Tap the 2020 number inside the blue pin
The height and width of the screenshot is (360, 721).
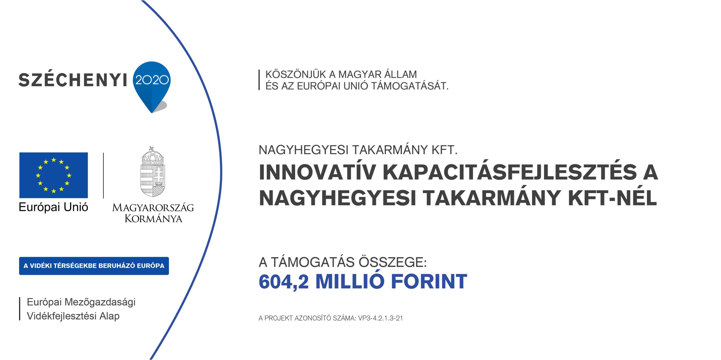[152, 80]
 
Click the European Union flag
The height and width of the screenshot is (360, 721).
[54, 175]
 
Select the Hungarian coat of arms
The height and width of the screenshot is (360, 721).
[152, 171]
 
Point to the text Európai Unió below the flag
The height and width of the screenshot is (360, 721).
[53, 207]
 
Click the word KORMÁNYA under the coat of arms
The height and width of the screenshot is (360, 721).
[153, 218]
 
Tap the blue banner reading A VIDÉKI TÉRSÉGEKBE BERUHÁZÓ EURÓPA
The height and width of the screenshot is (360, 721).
[94, 266]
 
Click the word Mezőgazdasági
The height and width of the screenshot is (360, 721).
[100, 302]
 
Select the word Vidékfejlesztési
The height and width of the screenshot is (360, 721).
[62, 316]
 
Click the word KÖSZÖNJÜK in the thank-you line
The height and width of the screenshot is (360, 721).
[296, 74]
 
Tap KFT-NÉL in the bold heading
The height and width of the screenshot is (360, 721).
[613, 198]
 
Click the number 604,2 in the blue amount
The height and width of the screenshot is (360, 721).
[284, 281]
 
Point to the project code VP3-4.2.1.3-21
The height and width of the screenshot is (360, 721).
[380, 318]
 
